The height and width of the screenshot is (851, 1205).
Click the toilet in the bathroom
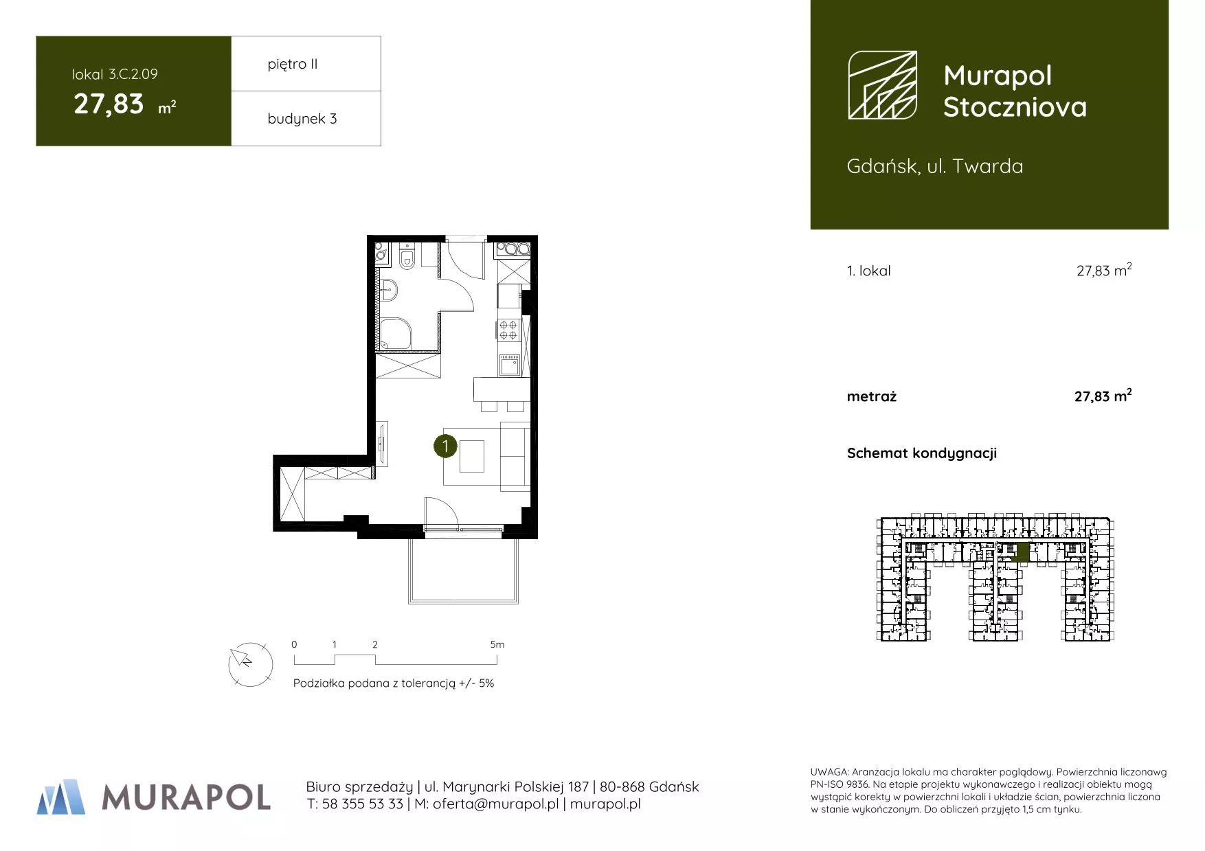407,258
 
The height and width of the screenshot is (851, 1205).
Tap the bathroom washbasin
387,291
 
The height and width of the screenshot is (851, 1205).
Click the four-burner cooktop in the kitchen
508,330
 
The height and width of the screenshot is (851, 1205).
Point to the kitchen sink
509,365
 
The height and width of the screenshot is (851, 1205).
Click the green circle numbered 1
445,446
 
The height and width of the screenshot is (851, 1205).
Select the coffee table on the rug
472,457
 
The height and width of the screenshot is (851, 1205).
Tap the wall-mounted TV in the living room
382,444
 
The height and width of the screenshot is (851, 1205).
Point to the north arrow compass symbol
250,664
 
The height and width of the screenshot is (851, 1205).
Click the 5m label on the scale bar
497,644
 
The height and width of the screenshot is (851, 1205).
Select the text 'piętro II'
293,65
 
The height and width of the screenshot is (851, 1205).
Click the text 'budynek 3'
302,119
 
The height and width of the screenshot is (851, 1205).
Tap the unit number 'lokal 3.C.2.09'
115,74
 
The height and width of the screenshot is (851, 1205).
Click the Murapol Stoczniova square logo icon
882,85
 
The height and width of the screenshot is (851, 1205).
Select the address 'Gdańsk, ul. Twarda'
935,166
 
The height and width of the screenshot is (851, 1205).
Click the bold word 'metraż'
872,396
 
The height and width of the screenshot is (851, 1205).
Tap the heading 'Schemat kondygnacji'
922,453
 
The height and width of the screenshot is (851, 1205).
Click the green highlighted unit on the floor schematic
1023,552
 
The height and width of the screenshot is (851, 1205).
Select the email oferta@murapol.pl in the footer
496,804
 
